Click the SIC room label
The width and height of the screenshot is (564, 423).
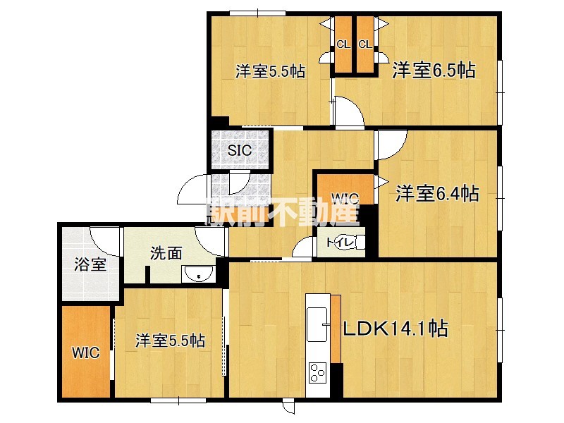pyautogui.click(x=240, y=150)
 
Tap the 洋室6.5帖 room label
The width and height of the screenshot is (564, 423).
pyautogui.click(x=434, y=70)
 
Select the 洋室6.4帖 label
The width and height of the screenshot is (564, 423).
pyautogui.click(x=437, y=193)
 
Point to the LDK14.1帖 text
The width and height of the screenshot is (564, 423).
pyautogui.click(x=396, y=329)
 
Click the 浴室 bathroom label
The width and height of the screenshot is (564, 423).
pyautogui.click(x=90, y=264)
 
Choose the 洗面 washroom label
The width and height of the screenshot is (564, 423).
pyautogui.click(x=166, y=253)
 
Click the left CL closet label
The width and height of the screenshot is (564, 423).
pyautogui.click(x=343, y=44)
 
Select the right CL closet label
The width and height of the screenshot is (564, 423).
pyautogui.click(x=364, y=44)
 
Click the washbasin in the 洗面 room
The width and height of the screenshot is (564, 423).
pyautogui.click(x=198, y=274)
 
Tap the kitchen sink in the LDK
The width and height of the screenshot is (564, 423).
pyautogui.click(x=317, y=324)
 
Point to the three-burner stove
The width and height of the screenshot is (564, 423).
pyautogui.click(x=318, y=372)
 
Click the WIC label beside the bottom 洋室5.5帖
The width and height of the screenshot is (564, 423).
pyautogui.click(x=85, y=352)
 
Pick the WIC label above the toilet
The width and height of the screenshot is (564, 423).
pyautogui.click(x=345, y=198)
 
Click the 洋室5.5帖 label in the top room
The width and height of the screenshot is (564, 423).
pyautogui.click(x=270, y=71)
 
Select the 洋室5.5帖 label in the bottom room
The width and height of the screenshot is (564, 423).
pyautogui.click(x=170, y=341)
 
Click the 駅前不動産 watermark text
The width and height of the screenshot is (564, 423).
pyautogui.click(x=283, y=212)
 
